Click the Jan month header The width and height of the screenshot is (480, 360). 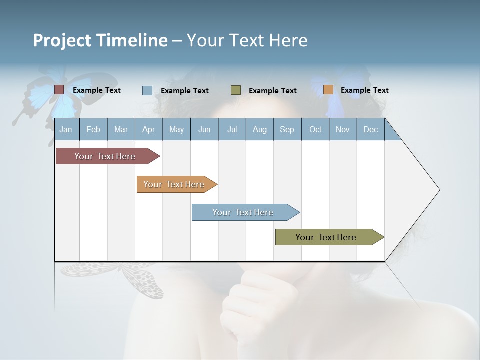[66, 130]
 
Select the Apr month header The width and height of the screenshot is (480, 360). [148, 130]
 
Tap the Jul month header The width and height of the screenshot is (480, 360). [232, 130]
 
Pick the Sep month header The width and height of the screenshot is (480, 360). [287, 130]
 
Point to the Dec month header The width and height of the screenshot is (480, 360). [370, 130]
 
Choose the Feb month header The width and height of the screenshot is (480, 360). [93, 130]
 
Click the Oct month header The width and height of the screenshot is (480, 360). [315, 130]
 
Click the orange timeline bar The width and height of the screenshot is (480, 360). [175, 184]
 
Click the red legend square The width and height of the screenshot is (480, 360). [59, 90]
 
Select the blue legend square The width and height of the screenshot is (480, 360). [147, 90]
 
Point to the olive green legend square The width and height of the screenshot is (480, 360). [236, 90]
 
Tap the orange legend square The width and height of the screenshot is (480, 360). [328, 90]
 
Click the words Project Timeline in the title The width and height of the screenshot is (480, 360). [100, 40]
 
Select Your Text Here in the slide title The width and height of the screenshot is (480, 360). [247, 40]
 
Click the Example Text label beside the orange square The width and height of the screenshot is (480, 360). [364, 90]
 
